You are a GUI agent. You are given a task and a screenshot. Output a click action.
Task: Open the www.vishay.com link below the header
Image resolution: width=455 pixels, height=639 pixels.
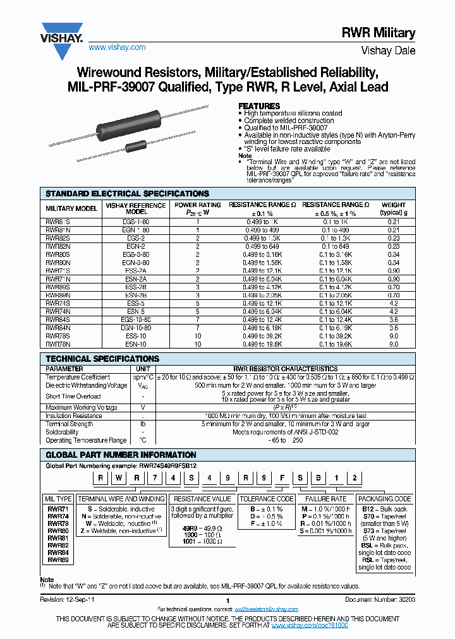(117, 47)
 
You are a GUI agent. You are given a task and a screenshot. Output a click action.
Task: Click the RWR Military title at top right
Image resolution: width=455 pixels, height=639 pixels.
(387, 33)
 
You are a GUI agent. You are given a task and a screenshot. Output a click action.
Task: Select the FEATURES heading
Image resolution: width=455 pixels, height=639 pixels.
(258, 106)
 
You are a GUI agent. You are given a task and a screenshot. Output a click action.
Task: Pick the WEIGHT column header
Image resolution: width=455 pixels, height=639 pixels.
(394, 208)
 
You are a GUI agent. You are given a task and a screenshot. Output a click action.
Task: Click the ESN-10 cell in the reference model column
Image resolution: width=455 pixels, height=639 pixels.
(136, 344)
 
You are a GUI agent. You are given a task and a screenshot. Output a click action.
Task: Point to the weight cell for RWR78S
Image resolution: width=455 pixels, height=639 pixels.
(394, 336)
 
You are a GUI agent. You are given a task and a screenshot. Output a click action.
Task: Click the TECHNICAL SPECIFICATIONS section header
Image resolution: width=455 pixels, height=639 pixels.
(102, 359)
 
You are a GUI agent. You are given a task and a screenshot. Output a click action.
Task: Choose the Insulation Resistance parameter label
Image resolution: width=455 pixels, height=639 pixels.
(74, 416)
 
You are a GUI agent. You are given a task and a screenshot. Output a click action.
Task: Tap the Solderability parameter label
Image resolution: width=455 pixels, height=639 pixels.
(63, 433)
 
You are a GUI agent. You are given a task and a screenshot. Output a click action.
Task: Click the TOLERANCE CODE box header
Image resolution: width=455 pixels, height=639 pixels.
(266, 499)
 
